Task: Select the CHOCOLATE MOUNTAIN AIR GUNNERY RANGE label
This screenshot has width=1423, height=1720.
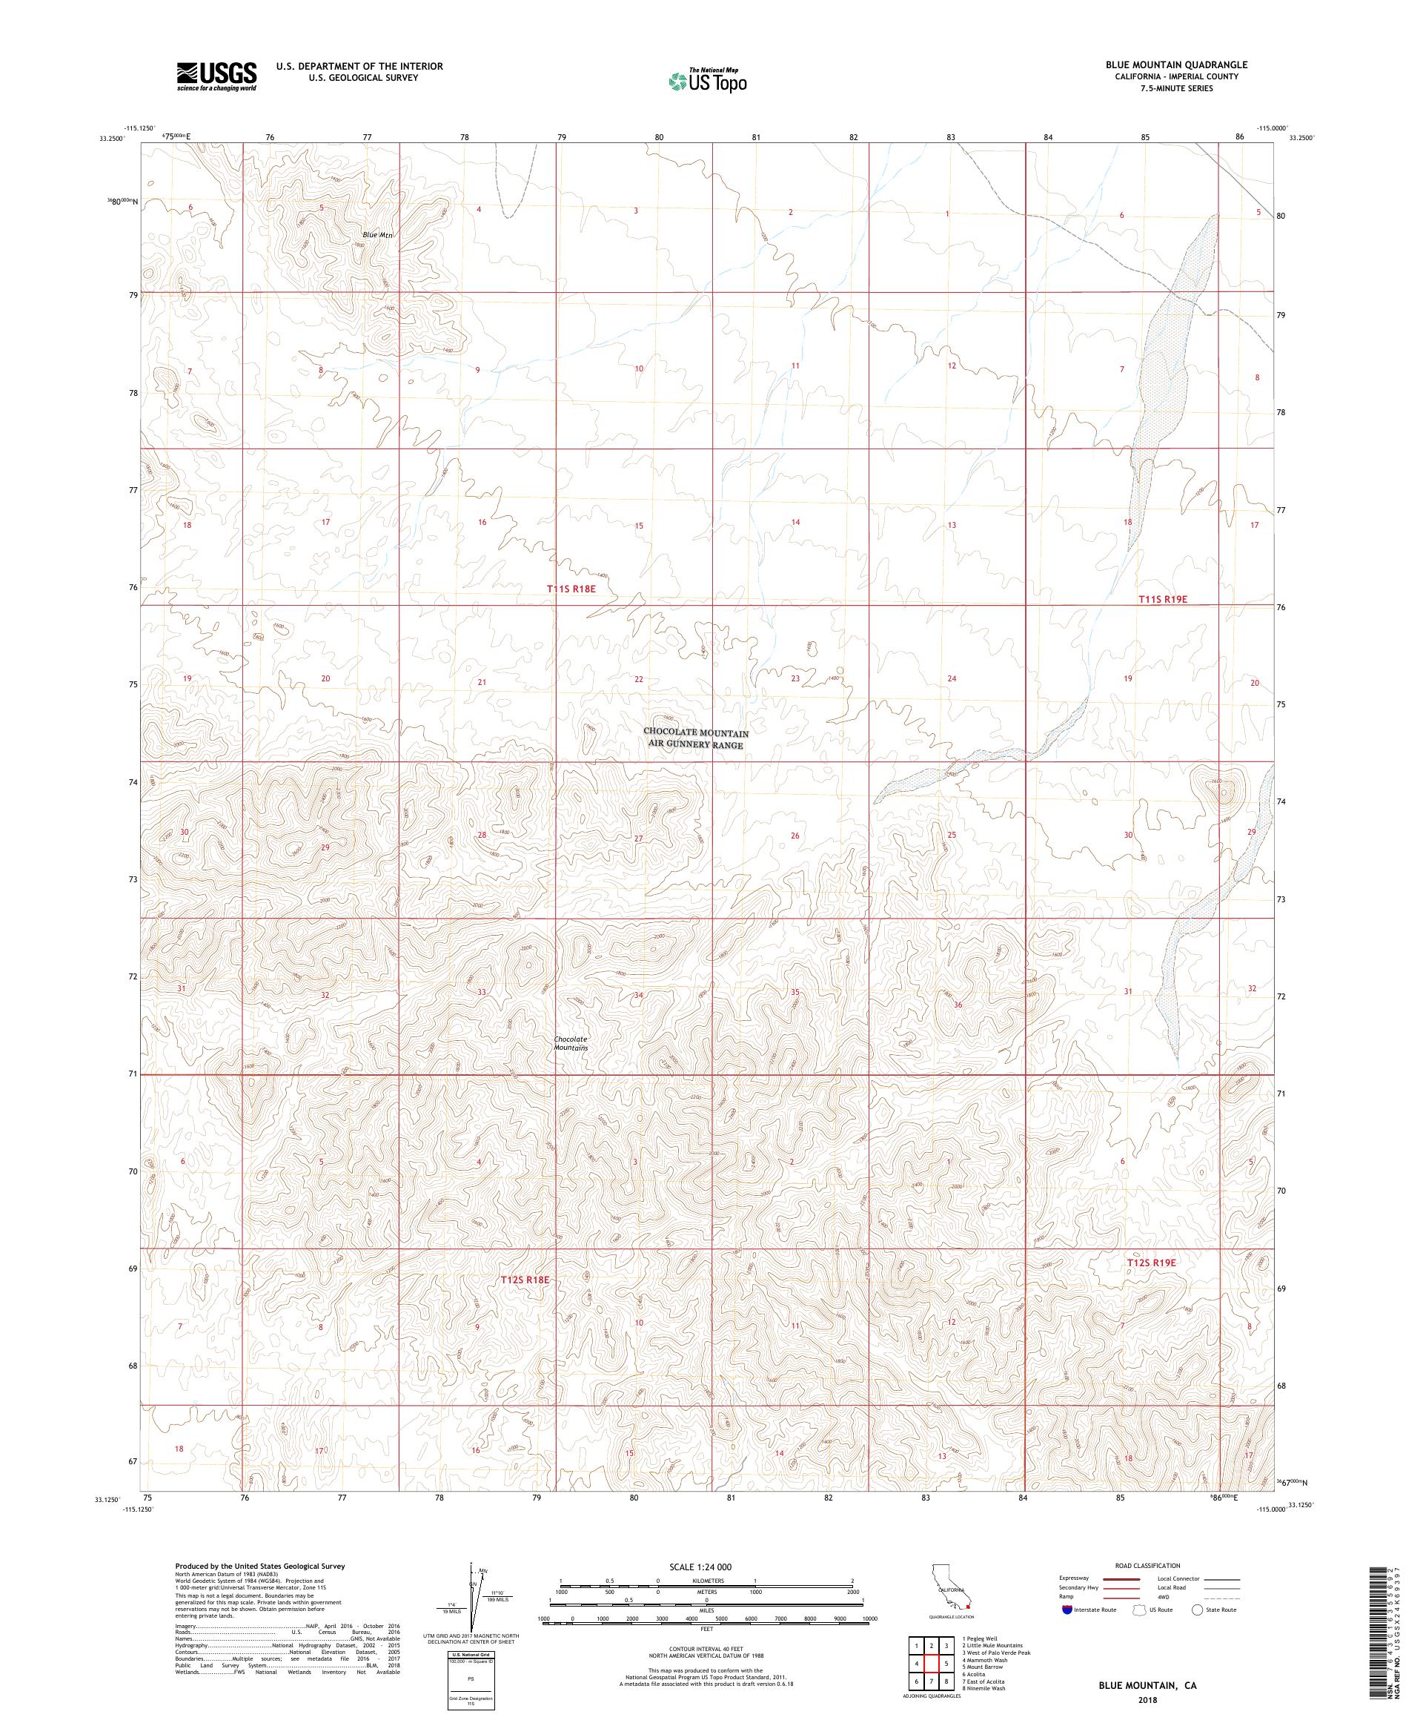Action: pos(695,738)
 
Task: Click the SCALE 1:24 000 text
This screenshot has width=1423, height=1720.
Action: pos(706,1567)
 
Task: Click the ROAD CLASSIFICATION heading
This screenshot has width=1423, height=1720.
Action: pos(1149,1565)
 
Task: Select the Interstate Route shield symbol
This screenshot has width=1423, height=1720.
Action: pos(1067,1609)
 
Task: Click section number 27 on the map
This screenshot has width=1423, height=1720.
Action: pos(639,838)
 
